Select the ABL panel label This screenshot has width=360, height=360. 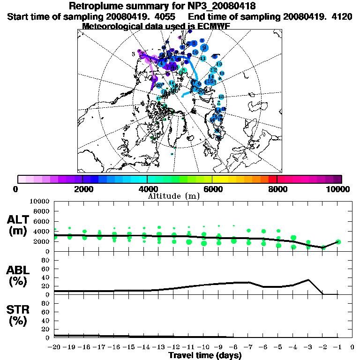tap(19, 270)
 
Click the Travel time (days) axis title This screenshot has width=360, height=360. tap(205, 355)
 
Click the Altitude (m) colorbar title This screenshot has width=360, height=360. tap(173, 195)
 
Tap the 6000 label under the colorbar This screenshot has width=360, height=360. tap(213, 189)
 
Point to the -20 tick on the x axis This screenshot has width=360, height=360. tap(54, 347)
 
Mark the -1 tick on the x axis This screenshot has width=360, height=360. tap(337, 347)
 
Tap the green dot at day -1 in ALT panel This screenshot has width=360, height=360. tap(338, 242)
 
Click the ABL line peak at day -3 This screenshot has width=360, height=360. tap(308, 280)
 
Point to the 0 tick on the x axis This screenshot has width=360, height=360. tap(352, 347)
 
